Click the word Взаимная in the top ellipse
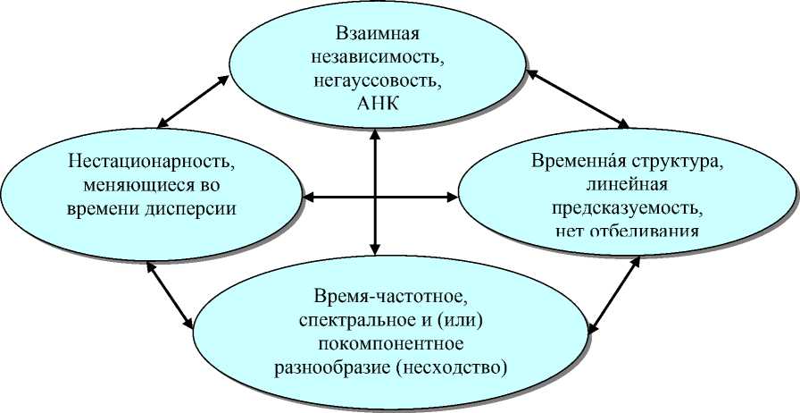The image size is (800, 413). [x=378, y=35]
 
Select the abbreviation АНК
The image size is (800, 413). [x=379, y=101]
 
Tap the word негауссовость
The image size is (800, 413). [x=379, y=80]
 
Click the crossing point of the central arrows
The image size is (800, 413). [x=376, y=195]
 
